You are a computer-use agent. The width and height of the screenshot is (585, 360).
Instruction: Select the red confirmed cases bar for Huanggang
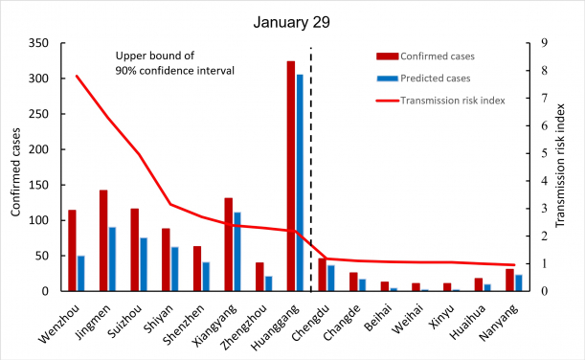click(x=291, y=176)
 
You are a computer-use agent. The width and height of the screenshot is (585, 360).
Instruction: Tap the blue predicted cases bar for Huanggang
click(x=301, y=183)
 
